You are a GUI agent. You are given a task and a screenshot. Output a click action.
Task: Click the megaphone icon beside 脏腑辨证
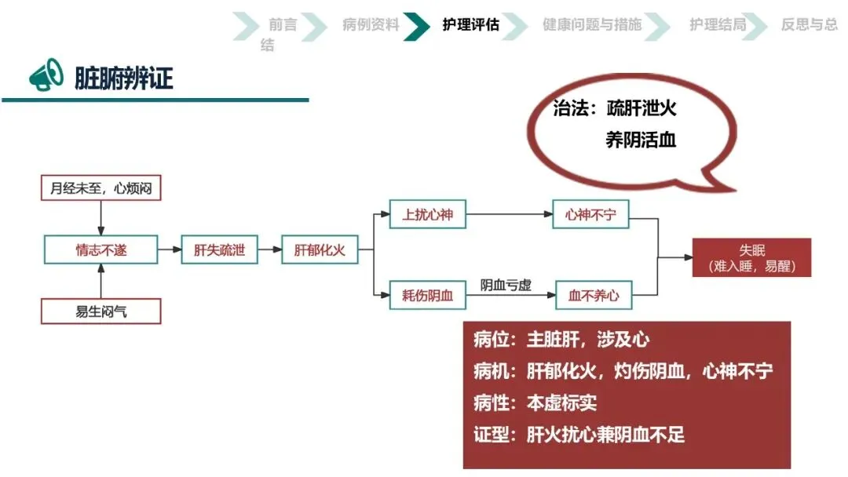46,76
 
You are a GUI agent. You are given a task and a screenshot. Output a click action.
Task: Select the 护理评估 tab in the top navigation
470,24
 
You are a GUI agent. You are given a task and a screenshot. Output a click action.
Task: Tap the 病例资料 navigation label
371,24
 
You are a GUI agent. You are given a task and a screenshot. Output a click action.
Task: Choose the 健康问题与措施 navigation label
591,24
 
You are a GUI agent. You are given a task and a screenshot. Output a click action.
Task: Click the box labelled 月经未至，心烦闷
101,188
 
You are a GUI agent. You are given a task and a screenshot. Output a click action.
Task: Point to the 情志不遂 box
101,250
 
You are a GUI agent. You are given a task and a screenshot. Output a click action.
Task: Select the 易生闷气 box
101,311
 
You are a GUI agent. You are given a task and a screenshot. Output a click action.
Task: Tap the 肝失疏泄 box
219,250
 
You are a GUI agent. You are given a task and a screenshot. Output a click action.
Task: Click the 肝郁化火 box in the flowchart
320,250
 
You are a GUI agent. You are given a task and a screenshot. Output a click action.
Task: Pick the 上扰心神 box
428,214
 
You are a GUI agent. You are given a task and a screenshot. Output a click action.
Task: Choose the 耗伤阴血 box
428,296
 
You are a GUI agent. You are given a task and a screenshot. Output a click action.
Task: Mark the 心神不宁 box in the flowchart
590,214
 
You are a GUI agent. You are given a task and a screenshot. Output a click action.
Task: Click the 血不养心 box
594,296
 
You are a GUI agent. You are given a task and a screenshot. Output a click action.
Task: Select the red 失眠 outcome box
751,258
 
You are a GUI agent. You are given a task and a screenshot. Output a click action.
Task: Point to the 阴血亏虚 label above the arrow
506,285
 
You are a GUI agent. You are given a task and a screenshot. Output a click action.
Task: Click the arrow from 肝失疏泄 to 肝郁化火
269,250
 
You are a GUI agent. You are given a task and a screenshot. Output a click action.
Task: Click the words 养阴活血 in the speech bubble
641,140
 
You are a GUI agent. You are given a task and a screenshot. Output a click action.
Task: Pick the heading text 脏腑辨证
123,78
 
